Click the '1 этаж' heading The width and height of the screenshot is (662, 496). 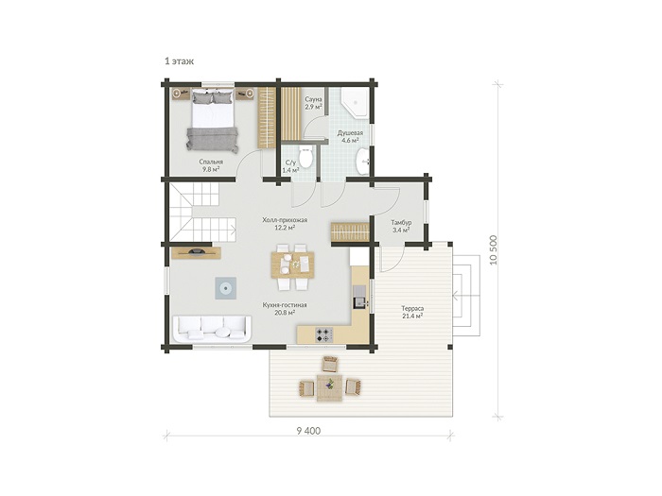click(x=179, y=61)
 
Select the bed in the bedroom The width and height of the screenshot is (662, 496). click(x=213, y=119)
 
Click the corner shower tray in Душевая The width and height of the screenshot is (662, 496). click(x=356, y=102)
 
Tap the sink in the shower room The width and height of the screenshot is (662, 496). click(x=362, y=162)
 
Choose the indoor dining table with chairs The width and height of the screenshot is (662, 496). click(x=292, y=266)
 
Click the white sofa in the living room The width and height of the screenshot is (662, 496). click(x=212, y=330)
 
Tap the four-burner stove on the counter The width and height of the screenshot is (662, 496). click(x=324, y=335)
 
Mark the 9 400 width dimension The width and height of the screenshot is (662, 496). click(x=308, y=431)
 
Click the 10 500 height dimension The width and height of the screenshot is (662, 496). click(x=494, y=249)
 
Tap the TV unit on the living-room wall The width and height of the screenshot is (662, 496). click(x=196, y=252)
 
